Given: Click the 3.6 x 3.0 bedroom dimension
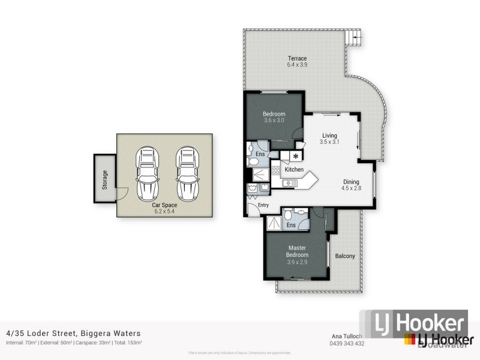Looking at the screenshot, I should point(274,120).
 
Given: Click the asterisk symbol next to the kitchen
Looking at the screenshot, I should point(295,157).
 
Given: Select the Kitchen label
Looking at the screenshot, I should point(293,170).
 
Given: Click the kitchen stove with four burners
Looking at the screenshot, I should point(276,170).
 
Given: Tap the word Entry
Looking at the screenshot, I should point(263,205).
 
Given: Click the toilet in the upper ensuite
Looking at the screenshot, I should point(252,149).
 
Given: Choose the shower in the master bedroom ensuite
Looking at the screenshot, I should point(274,223).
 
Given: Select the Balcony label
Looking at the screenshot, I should point(345,256).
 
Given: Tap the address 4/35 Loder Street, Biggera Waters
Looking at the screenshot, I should point(74,333).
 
